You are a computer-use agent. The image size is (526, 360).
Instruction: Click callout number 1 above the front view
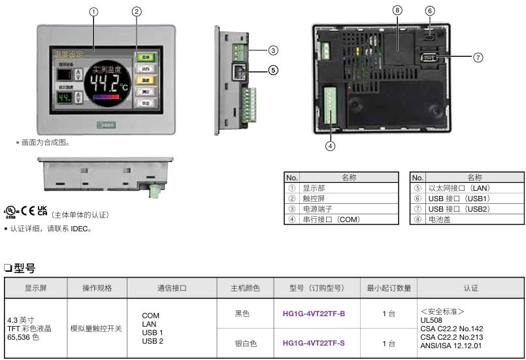(x=94, y=12)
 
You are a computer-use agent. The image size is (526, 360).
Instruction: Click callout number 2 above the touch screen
(x=137, y=11)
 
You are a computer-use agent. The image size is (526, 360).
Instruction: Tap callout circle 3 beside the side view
(x=273, y=50)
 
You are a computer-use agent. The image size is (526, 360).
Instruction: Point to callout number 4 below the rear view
(x=331, y=146)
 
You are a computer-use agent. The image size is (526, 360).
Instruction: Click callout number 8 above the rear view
(x=397, y=10)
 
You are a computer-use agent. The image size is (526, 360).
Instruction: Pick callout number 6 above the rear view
(x=429, y=10)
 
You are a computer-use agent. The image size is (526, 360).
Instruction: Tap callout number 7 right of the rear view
(x=478, y=57)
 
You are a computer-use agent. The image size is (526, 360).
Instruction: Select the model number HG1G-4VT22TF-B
(x=314, y=314)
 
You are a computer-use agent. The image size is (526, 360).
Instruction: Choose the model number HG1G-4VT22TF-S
(x=314, y=343)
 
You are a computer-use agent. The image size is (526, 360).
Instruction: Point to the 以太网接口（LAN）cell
(x=459, y=188)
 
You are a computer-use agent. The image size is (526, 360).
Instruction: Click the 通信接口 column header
(x=172, y=288)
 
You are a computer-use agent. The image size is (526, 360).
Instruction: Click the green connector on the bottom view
(x=155, y=191)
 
